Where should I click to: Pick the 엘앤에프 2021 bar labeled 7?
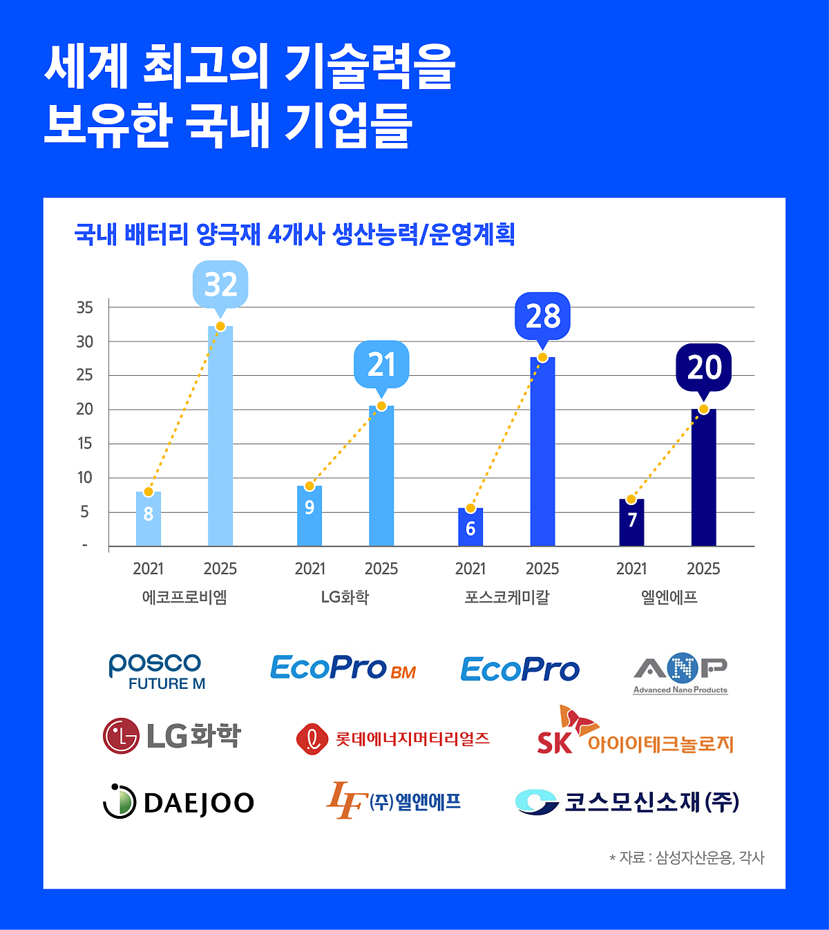(631, 522)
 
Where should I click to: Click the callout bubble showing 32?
(221, 284)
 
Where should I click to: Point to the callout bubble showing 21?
(381, 364)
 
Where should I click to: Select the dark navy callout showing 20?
(704, 367)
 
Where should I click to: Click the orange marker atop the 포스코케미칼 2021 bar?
(470, 509)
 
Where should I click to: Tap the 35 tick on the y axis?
(85, 307)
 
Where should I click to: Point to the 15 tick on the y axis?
(85, 444)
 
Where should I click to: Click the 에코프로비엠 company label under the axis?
(184, 597)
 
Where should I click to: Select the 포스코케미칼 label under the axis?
(507, 597)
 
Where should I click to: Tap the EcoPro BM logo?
(343, 668)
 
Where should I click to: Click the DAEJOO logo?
(179, 802)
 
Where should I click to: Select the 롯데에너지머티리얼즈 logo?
(393, 739)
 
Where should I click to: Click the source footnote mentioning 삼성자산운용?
(687, 857)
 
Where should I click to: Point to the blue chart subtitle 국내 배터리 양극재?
(295, 234)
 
